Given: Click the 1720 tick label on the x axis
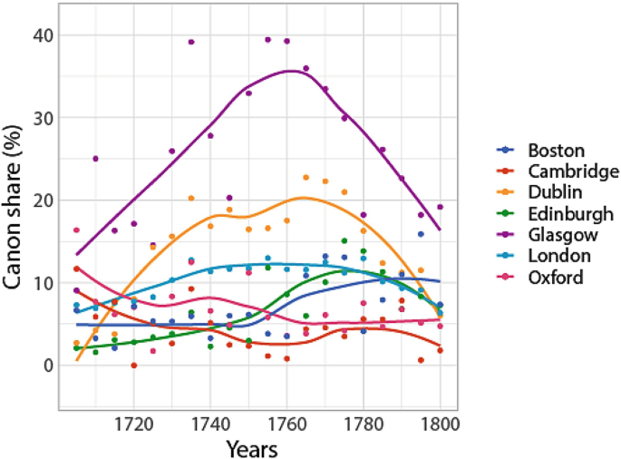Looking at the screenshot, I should pyautogui.click(x=134, y=424).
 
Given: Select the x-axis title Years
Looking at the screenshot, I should pyautogui.click(x=252, y=447).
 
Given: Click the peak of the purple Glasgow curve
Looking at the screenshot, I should pyautogui.click(x=291, y=70).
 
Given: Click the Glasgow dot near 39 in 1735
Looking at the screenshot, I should pyautogui.click(x=191, y=42).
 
